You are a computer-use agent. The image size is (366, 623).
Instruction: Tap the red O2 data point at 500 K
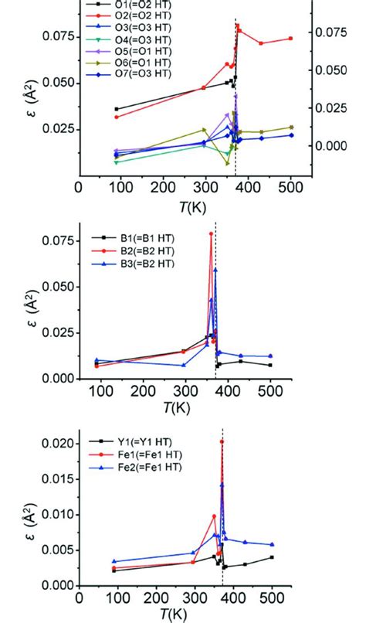tap(291, 39)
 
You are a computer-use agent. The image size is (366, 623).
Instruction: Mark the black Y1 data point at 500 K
tap(272, 557)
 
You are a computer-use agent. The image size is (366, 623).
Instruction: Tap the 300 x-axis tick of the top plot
tap(205, 189)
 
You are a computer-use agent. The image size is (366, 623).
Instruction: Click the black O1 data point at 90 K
tap(116, 109)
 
